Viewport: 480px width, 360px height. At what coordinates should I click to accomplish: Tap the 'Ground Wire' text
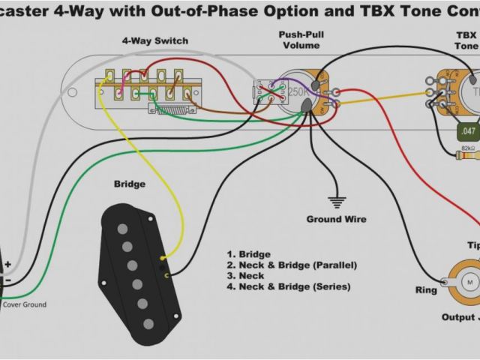(x=336, y=220)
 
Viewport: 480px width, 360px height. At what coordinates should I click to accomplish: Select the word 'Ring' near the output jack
(x=426, y=290)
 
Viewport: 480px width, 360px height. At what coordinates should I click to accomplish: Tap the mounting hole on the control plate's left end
(x=73, y=93)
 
